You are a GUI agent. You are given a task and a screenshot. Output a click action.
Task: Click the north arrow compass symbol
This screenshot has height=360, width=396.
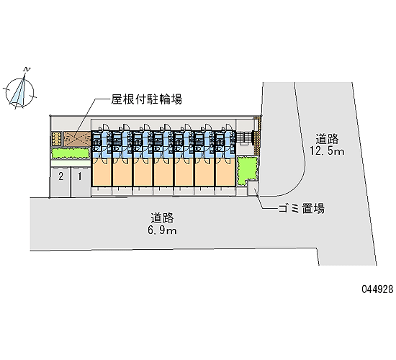click(19, 91)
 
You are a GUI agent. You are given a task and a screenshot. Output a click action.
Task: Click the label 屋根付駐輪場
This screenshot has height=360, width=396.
click(147, 99)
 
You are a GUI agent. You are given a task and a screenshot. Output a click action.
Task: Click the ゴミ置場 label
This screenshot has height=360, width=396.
click(301, 209)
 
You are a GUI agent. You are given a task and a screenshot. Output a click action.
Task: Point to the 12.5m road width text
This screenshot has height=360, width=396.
click(327, 151)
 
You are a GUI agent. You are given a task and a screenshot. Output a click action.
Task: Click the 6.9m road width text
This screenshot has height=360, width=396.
click(163, 230)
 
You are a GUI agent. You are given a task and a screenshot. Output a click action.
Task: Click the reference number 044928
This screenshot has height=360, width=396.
click(377, 289)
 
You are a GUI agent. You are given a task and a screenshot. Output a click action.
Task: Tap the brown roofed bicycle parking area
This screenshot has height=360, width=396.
click(77, 139)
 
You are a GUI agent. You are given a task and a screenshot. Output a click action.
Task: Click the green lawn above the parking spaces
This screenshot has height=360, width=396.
click(71, 153)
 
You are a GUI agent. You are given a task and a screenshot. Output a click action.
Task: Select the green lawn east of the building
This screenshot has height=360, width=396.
click(247, 170)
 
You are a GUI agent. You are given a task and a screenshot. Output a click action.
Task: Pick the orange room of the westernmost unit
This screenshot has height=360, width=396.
click(102, 172)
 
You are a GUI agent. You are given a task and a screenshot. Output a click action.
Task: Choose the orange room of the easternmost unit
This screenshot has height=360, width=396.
click(225, 172)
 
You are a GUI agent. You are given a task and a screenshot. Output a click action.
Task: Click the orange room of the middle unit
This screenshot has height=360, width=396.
click(163, 172)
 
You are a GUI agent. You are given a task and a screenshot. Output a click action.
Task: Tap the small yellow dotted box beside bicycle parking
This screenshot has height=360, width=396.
click(57, 139)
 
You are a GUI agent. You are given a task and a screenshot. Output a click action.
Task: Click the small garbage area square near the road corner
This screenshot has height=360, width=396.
click(253, 188)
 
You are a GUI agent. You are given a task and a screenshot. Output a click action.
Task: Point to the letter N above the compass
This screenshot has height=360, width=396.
click(27, 69)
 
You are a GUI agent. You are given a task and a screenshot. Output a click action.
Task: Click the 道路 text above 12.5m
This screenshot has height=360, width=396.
click(327, 139)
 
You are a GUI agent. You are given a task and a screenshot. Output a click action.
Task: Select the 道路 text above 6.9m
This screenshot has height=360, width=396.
click(163, 217)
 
